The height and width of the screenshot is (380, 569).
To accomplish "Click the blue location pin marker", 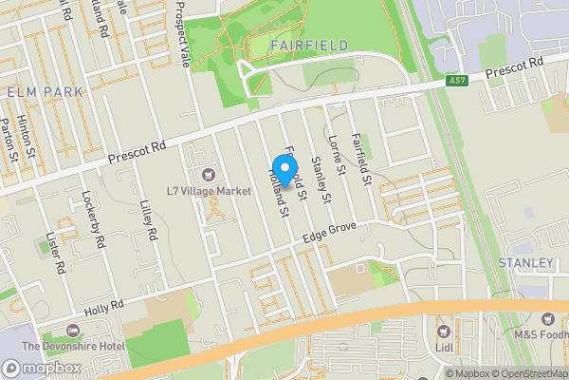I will tap(283, 169).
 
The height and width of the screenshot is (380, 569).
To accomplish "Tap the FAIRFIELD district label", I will tap(309, 46).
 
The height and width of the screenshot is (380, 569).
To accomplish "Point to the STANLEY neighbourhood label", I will tap(525, 262).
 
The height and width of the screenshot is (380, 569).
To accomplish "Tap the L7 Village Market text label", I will tap(209, 191).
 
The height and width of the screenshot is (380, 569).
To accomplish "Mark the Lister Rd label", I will tap(59, 256).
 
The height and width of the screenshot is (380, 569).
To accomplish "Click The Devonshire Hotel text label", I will tap(73, 347).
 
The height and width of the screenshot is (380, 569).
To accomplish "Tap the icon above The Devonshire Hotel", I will tap(73, 331).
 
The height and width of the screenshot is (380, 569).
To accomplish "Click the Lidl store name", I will tap(444, 347).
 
